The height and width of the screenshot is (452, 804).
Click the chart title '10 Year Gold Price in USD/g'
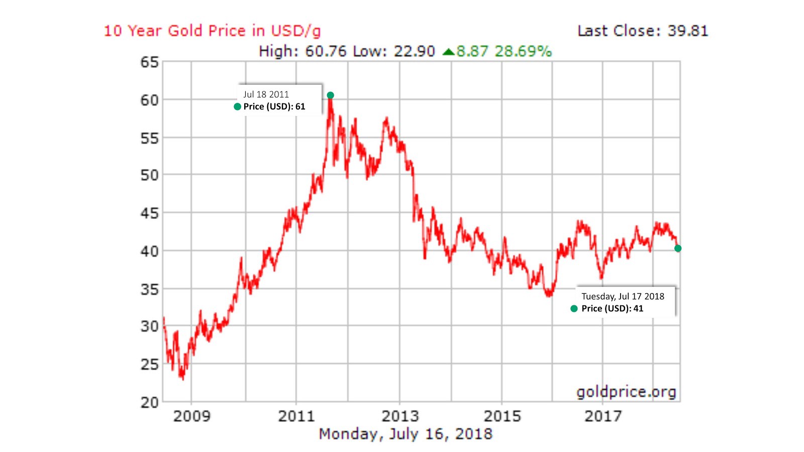212,31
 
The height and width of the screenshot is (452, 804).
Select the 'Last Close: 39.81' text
643,31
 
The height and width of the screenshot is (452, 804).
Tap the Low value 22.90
414,51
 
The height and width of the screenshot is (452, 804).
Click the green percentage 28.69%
523,51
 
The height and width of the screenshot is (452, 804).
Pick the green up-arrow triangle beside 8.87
448,52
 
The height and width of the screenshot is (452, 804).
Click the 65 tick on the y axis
149,62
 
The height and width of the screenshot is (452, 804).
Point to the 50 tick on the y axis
149,175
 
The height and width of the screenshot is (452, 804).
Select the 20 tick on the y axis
149,402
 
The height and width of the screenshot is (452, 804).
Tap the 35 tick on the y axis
149,289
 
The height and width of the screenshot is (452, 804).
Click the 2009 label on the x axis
191,416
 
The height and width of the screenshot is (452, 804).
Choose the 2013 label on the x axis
400,416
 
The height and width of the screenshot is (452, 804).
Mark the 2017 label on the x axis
603,416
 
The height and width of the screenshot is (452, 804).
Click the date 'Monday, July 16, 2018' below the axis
406,434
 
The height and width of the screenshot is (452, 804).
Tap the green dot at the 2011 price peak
330,95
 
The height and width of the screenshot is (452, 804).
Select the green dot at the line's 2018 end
678,249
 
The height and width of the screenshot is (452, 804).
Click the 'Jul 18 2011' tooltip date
266,94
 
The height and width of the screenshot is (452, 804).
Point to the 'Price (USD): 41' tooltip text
612,308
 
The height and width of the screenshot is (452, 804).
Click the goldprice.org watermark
626,392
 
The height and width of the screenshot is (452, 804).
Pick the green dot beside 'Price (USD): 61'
238,106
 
